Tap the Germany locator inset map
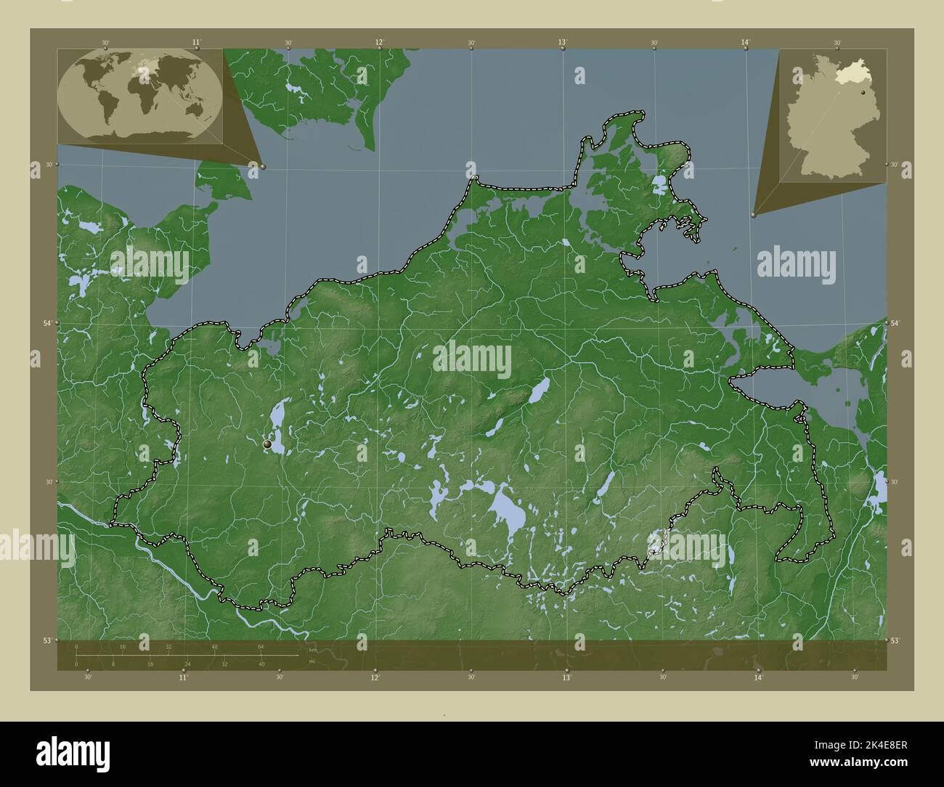click(x=833, y=114)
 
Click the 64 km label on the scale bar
click(x=260, y=646)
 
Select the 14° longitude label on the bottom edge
click(x=758, y=677)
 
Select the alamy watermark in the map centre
click(x=472, y=361)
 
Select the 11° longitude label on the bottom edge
click(x=183, y=677)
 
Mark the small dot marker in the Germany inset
click(x=862, y=92)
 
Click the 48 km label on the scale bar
click(x=214, y=646)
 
